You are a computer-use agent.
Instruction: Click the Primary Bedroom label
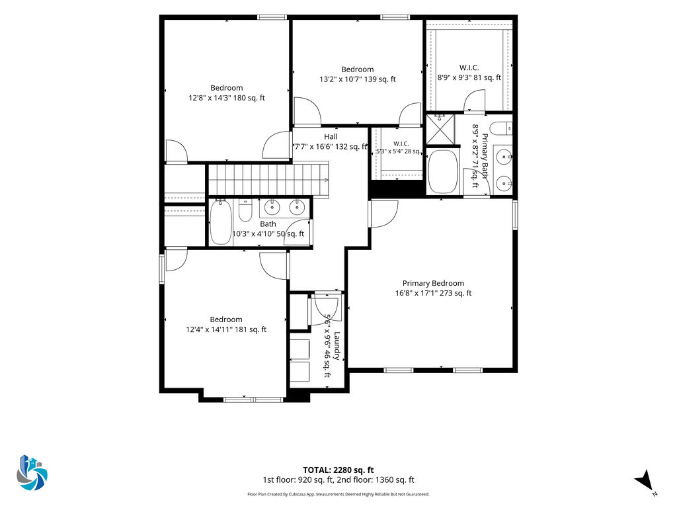(433, 283)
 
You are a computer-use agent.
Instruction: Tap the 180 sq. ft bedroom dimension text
(227, 98)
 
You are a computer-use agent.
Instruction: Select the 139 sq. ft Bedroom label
(358, 69)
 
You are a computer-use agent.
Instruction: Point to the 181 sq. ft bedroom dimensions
(226, 329)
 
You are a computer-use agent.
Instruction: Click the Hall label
(331, 137)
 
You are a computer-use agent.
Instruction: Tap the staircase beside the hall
(268, 179)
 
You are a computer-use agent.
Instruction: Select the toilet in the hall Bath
(245, 210)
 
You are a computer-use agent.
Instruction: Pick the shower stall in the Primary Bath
(440, 129)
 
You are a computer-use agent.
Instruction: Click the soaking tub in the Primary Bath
(442, 171)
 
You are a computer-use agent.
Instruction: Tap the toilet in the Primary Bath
(502, 129)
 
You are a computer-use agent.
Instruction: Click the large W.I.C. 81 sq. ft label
(469, 73)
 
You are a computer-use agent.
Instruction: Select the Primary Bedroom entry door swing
(384, 214)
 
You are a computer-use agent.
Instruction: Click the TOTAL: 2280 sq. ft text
(338, 470)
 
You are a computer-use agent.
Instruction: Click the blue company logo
(32, 472)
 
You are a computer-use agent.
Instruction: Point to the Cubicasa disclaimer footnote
(338, 494)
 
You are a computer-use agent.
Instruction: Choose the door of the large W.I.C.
(474, 101)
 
